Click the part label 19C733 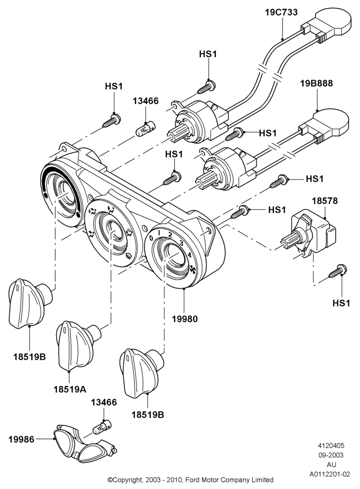pyautogui.click(x=281, y=12)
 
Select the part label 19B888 pyautogui.click(x=316, y=83)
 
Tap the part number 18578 pyautogui.click(x=325, y=200)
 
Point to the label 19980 pyautogui.click(x=185, y=319)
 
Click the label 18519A pyautogui.click(x=70, y=389)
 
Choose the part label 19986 pyautogui.click(x=21, y=439)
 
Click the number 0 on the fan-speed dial pyautogui.click(x=151, y=238)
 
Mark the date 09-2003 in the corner pyautogui.click(x=331, y=455)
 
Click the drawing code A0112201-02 pyautogui.click(x=330, y=474)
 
